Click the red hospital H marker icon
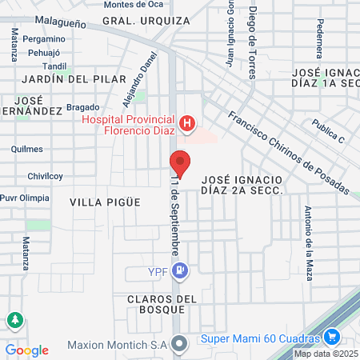pos(186,123)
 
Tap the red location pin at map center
pos(181,162)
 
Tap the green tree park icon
pos(14,321)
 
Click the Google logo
pos(26,350)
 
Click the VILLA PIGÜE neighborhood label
pos(105,202)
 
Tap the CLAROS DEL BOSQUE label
pos(161,305)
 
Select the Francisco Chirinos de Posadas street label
pos(287,151)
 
